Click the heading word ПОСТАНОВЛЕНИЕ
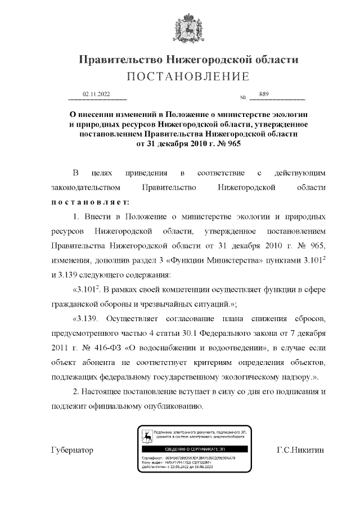pyautogui.click(x=179, y=76)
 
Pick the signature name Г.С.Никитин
pyautogui.click(x=301, y=451)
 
